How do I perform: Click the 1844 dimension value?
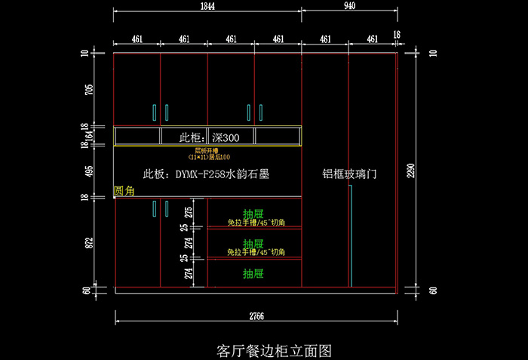207,6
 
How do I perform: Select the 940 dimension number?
348,6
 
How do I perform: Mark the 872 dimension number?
90,242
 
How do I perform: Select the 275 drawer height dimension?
189,211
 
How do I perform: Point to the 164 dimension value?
90,135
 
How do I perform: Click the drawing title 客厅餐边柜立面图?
263,350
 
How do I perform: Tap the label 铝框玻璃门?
349,174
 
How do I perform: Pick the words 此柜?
189,137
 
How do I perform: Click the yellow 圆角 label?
124,192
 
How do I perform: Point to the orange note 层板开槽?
208,150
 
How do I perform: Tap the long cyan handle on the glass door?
351,234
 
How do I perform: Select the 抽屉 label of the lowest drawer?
253,272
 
